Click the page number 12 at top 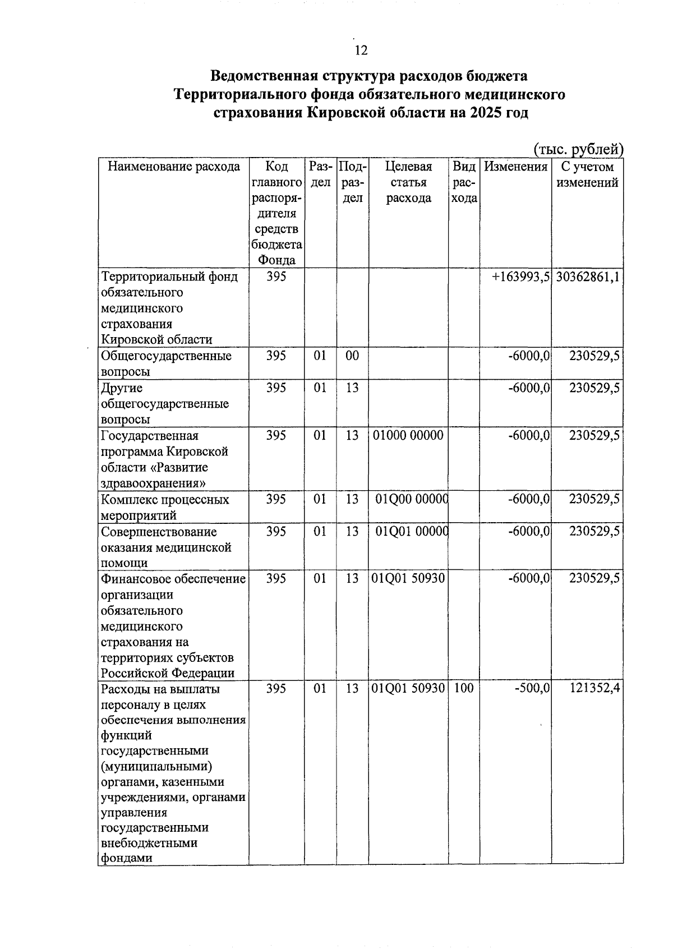pyautogui.click(x=361, y=50)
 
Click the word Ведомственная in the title pyautogui.click(x=259, y=76)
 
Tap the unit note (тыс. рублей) pyautogui.click(x=578, y=149)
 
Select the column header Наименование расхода pyautogui.click(x=173, y=167)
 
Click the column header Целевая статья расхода pyautogui.click(x=408, y=182)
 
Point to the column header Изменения pyautogui.click(x=515, y=167)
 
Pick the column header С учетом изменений pyautogui.click(x=587, y=174)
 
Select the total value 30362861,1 pyautogui.click(x=587, y=277)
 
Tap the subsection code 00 pyautogui.click(x=352, y=356)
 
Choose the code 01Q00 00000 pyautogui.click(x=411, y=500)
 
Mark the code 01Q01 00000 pyautogui.click(x=411, y=532)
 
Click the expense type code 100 pyautogui.click(x=463, y=688)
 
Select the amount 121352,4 pyautogui.click(x=594, y=688)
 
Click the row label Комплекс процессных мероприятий pyautogui.click(x=165, y=507)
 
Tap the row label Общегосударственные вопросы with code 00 pyautogui.click(x=166, y=363)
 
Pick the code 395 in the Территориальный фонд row pyautogui.click(x=276, y=277)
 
